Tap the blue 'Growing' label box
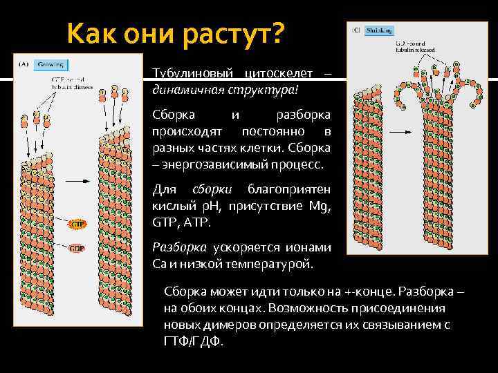tap(51, 65)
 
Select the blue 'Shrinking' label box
tap(380, 30)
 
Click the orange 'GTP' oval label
tap(75, 224)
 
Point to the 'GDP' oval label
tap(75, 248)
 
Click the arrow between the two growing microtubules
tap(80, 181)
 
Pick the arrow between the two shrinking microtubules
tap(399, 131)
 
